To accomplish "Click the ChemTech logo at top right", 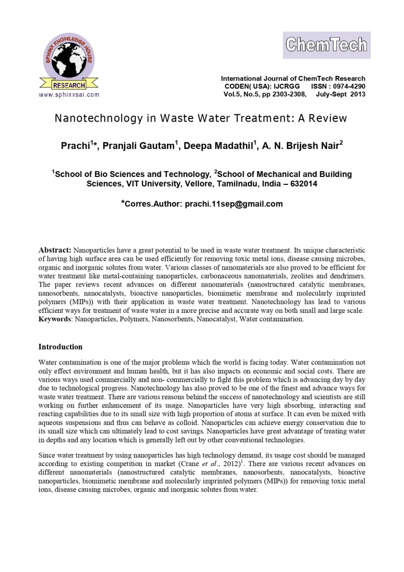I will pyautogui.click(x=327, y=45).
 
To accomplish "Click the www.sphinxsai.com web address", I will pyautogui.click(x=69, y=95).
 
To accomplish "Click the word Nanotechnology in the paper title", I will pyautogui.click(x=98, y=118).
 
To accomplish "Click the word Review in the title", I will pyautogui.click(x=328, y=118).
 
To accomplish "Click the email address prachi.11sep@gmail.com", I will pyautogui.click(x=234, y=204).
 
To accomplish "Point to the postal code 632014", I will pyautogui.click(x=301, y=184).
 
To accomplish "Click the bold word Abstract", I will pyautogui.click(x=55, y=250).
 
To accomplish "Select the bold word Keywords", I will pyautogui.click(x=55, y=319).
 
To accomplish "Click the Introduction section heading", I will pyautogui.click(x=60, y=347).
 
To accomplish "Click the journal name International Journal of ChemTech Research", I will pyautogui.click(x=293, y=78).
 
